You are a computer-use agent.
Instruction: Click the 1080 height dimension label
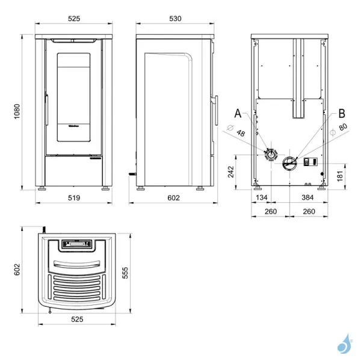pos(17,111)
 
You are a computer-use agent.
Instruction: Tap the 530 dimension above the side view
pos(175,19)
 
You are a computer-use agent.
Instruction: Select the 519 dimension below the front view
pos(74,198)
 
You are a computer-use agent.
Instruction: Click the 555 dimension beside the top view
pos(125,273)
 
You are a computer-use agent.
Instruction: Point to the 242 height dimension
pos(230,171)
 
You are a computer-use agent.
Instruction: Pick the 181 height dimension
pos(340,176)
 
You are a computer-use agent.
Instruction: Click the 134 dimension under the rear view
pos(262,197)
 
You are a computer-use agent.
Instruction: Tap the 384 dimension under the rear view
pos(307,197)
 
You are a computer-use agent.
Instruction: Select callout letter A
pos(238,113)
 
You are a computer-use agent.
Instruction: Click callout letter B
pos(342,113)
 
